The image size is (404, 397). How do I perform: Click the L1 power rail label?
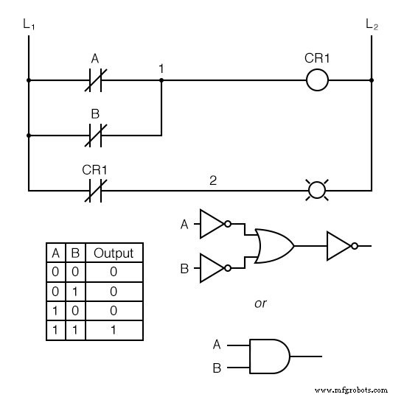29,24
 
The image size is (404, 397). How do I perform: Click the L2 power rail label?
372,24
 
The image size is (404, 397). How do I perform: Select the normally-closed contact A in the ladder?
94,80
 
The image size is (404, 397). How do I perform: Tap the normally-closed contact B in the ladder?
94,135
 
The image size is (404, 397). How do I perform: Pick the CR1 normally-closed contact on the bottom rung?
94,190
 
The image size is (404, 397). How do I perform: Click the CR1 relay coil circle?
317,80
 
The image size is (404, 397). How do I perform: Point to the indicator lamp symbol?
317,190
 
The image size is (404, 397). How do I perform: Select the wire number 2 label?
213,179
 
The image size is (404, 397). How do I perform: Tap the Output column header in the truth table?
114,253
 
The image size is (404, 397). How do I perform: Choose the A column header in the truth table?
55,253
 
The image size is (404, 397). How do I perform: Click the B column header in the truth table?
74,253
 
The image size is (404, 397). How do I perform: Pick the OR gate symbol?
274,246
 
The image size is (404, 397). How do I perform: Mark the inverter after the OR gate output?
341,246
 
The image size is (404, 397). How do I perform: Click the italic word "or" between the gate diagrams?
260,303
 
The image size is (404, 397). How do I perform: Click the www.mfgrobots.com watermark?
350,388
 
